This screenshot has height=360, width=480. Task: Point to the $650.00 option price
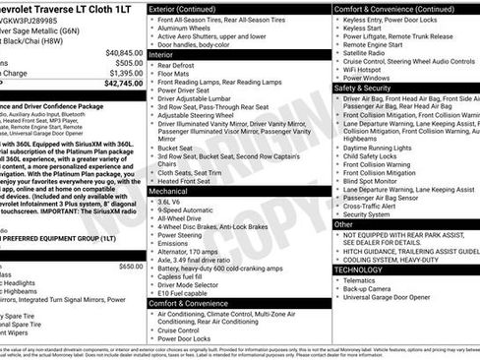click(x=131, y=267)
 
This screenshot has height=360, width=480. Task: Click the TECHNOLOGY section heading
click(x=359, y=269)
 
